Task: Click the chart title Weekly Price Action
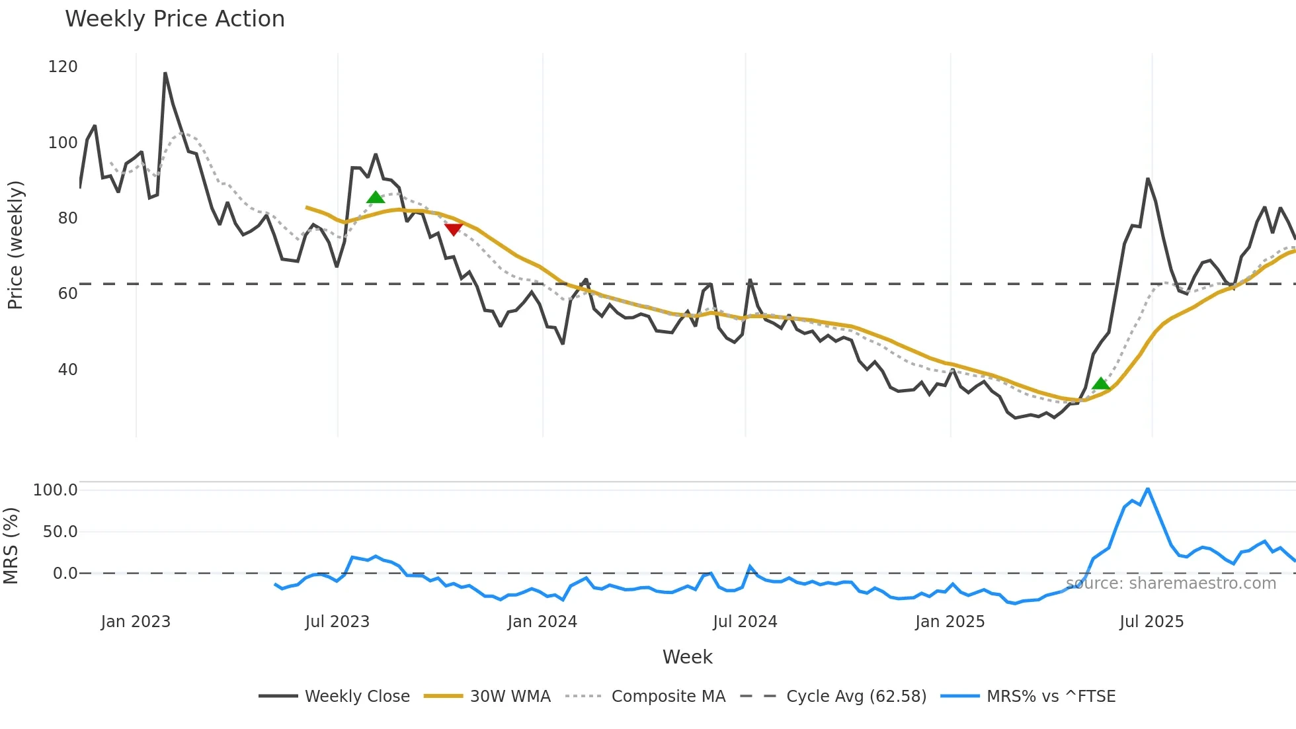click(175, 19)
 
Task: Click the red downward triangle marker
click(454, 229)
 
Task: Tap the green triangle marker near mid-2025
click(1100, 384)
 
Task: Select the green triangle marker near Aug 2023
click(376, 197)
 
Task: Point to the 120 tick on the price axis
click(63, 67)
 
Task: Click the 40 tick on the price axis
click(67, 370)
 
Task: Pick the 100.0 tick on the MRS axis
click(56, 490)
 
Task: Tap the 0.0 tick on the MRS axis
click(65, 574)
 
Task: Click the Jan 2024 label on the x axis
click(542, 622)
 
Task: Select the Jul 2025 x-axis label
click(1151, 622)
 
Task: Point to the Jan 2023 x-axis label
click(136, 622)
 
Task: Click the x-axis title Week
click(687, 657)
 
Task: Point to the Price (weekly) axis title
click(15, 245)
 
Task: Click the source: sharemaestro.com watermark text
click(1171, 583)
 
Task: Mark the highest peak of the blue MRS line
click(1148, 489)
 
